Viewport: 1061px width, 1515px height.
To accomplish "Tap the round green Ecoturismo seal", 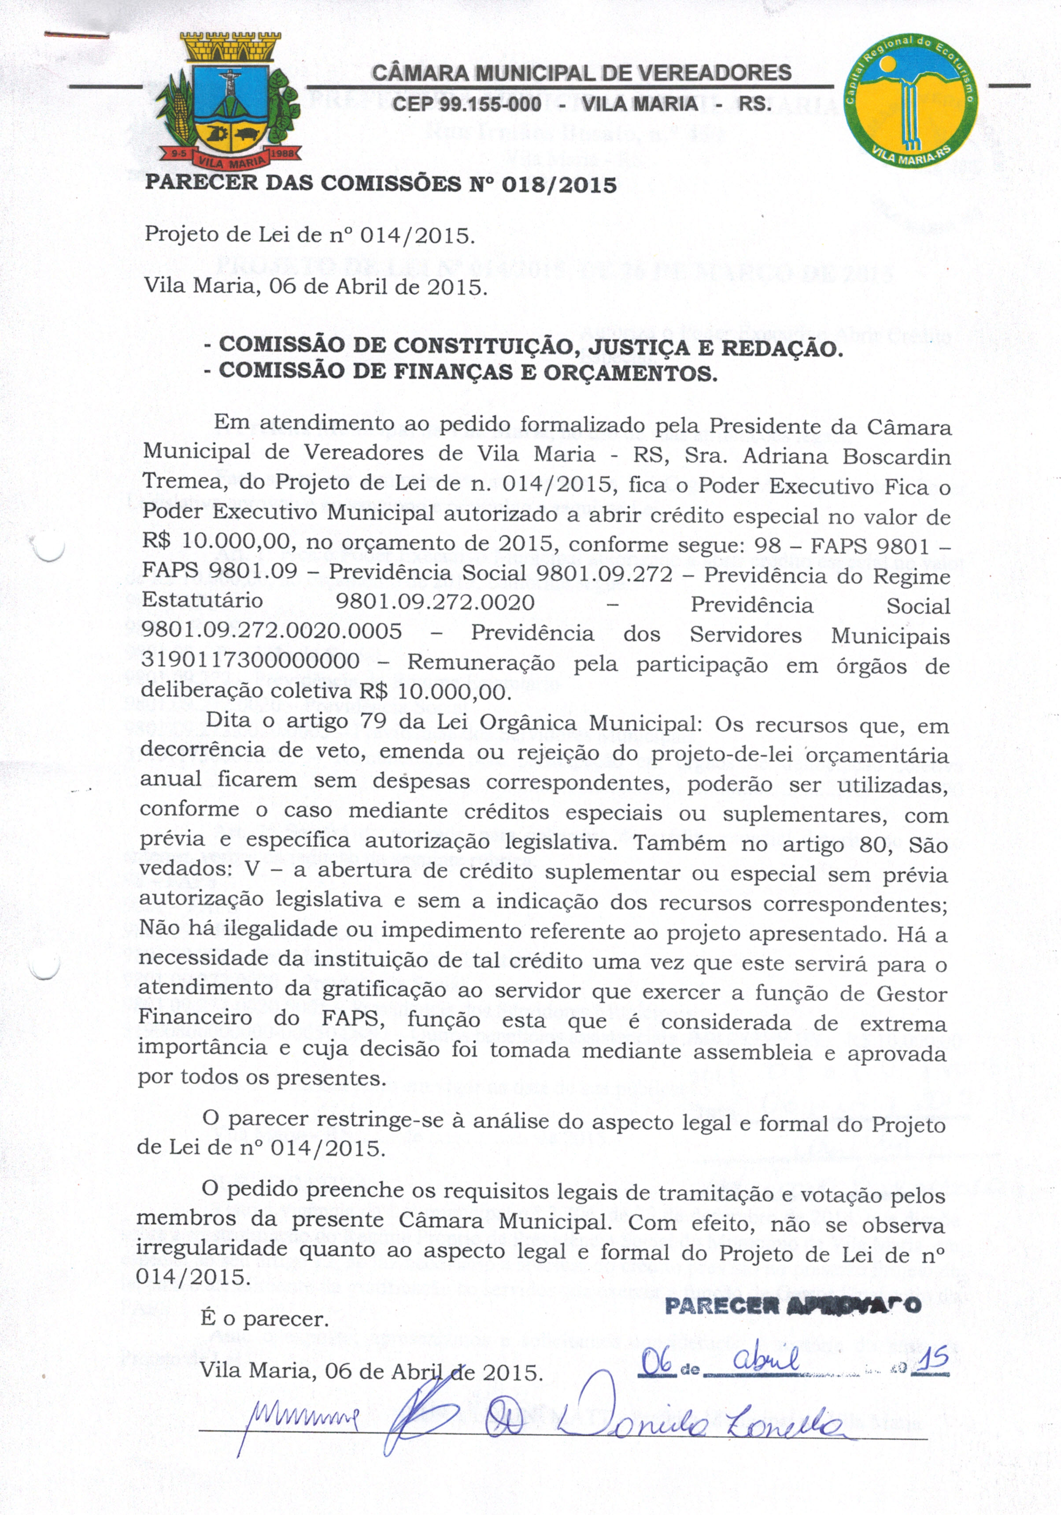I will click(911, 101).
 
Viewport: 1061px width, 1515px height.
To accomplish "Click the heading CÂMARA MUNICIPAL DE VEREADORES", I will click(582, 73).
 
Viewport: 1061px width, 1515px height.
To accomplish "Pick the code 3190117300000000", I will click(251, 661).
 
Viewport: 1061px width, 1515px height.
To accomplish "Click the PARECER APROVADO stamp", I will click(793, 1305).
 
